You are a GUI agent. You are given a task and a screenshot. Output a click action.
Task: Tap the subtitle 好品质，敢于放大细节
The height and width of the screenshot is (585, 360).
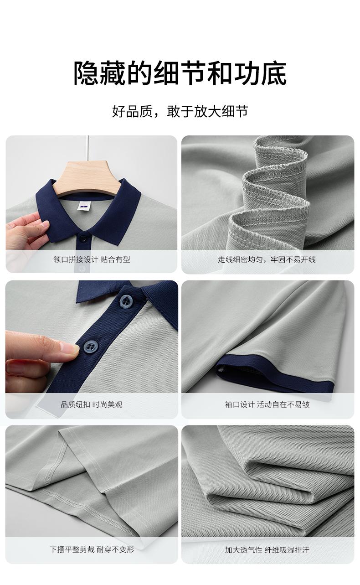click(x=180, y=112)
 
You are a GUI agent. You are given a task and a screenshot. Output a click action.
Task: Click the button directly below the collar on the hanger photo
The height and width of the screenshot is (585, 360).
click(x=83, y=238)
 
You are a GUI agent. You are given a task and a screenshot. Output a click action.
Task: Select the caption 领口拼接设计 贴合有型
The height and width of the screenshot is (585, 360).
click(x=92, y=259)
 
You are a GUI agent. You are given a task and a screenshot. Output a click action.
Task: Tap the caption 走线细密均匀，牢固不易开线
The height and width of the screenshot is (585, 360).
click(x=267, y=259)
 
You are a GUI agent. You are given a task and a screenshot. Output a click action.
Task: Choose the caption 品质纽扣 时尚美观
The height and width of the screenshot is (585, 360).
click(x=92, y=404)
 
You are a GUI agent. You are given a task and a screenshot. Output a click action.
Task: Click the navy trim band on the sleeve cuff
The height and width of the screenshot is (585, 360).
click(x=274, y=373)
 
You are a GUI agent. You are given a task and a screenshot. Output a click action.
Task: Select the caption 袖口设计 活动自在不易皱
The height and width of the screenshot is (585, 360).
click(x=267, y=404)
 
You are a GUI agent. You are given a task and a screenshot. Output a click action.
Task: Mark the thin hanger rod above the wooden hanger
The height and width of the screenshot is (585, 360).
click(x=88, y=148)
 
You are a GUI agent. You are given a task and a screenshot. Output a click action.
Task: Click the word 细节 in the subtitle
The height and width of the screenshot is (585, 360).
click(x=234, y=112)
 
